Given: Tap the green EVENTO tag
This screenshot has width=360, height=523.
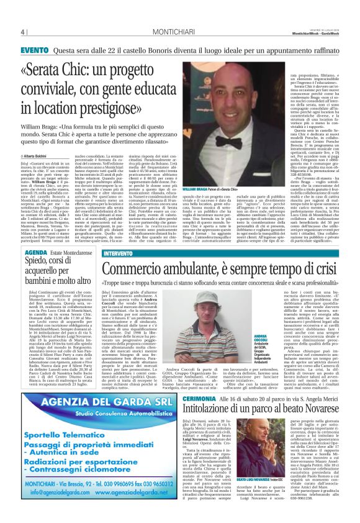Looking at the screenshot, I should pyautogui.click(x=34, y=50).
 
